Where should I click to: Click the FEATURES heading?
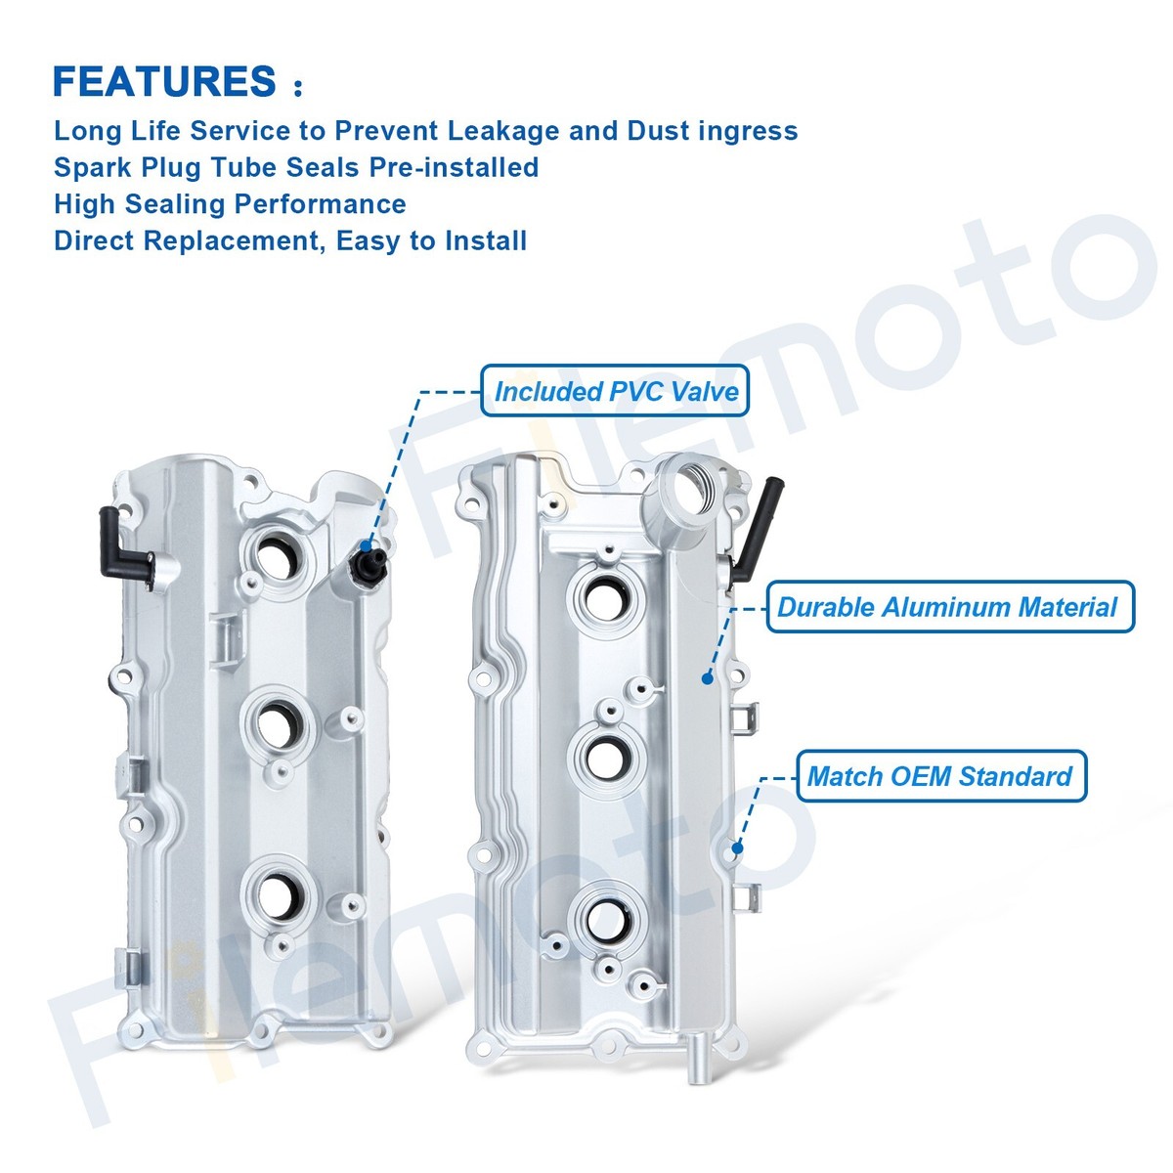tap(164, 81)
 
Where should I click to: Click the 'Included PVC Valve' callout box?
tap(615, 391)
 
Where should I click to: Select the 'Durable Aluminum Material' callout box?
tap(948, 607)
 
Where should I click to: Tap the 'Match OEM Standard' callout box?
tap(940, 777)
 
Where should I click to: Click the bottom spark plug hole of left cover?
tap(281, 893)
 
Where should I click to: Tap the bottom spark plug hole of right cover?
tap(607, 918)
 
